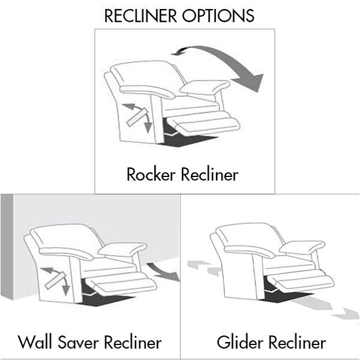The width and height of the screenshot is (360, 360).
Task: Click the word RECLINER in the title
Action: tap(140, 16)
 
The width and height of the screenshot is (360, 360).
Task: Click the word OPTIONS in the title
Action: tap(218, 16)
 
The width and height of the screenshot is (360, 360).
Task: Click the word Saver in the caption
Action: tap(78, 342)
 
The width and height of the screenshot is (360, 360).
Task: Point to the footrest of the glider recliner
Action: tap(301, 281)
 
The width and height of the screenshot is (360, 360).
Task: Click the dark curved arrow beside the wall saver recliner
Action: tap(163, 272)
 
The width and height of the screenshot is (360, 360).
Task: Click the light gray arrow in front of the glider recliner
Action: tap(326, 308)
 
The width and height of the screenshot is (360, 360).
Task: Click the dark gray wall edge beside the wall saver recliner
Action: tap(7, 247)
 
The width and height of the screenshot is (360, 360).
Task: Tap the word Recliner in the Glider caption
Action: tap(298, 342)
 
